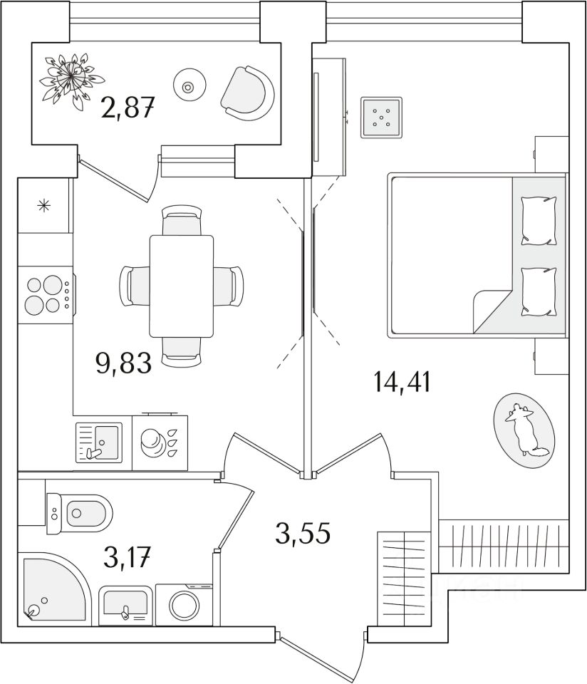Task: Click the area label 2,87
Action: (128, 110)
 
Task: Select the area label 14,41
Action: (402, 383)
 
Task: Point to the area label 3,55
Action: (303, 532)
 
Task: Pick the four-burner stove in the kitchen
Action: (45, 295)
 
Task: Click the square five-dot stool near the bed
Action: (381, 116)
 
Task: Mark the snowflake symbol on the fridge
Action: (44, 207)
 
